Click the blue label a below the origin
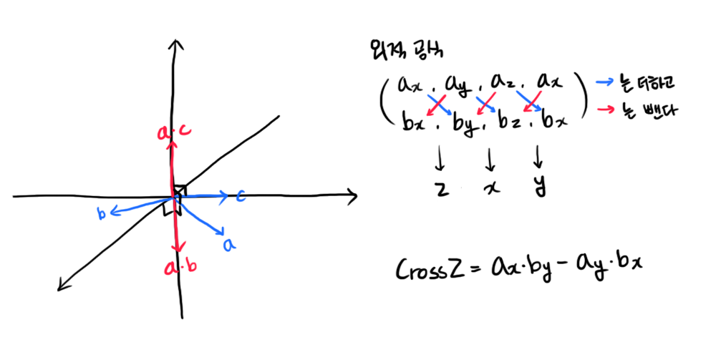coord(229,245)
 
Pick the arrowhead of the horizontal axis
coord(352,195)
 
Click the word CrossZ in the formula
coord(428,271)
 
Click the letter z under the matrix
coord(441,188)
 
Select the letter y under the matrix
coord(538,188)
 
